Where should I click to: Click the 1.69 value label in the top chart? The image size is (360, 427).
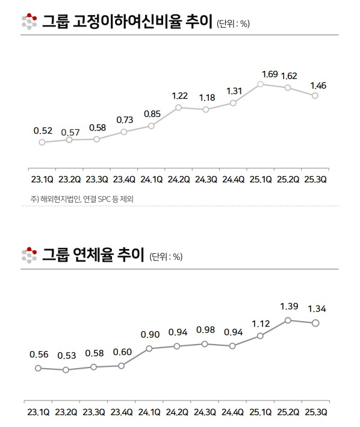(x=270, y=74)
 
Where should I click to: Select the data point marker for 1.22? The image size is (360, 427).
(x=179, y=108)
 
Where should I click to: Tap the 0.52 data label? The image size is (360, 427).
(x=42, y=130)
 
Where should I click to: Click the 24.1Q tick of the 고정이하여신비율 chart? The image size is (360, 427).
(x=151, y=179)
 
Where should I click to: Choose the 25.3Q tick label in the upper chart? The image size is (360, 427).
(x=315, y=179)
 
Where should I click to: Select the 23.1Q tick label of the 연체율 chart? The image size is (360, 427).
(x=38, y=412)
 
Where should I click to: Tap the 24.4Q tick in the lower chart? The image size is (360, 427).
(x=233, y=412)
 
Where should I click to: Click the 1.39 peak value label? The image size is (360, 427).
(x=288, y=306)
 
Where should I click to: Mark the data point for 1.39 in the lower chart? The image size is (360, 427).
(x=288, y=320)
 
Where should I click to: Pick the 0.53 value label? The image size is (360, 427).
(x=66, y=355)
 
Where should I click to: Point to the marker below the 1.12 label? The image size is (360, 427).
(x=261, y=336)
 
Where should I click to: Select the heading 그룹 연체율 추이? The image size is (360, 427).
(x=92, y=256)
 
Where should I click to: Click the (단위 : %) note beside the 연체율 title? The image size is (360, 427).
(x=166, y=257)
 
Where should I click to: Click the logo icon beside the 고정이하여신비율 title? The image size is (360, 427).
(x=28, y=23)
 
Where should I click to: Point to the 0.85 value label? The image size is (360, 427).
(x=152, y=114)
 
